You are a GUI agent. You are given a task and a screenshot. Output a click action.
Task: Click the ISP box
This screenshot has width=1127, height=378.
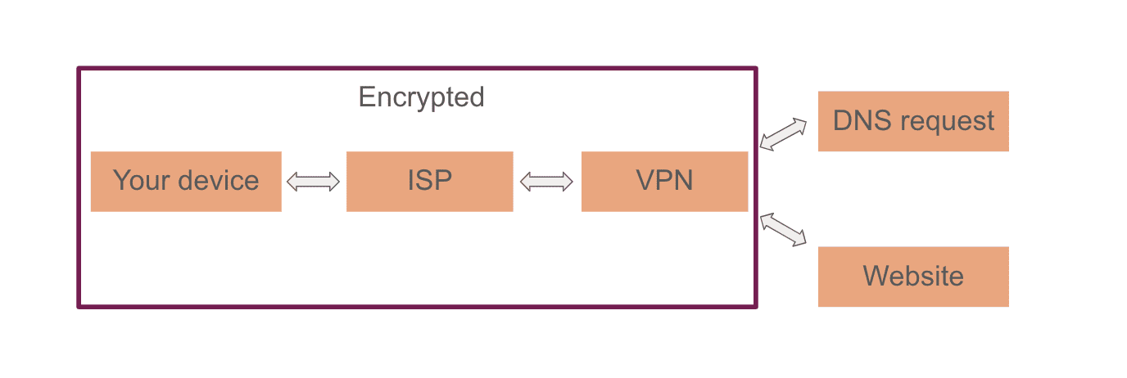429,182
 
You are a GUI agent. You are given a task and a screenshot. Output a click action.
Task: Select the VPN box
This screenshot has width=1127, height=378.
664,182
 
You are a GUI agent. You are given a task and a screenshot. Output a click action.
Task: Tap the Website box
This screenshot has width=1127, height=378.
913,277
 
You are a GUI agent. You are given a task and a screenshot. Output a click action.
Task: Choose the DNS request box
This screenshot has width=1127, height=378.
913,121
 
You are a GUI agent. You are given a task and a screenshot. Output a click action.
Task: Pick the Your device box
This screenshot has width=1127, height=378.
186,182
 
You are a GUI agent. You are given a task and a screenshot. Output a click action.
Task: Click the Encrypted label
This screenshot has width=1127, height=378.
421,97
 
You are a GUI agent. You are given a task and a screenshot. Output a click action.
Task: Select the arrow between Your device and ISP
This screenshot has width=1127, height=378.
313,182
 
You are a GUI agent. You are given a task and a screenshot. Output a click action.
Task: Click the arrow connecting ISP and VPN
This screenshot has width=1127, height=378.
547,182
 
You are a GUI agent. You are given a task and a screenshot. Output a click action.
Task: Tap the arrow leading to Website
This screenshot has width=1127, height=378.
783,229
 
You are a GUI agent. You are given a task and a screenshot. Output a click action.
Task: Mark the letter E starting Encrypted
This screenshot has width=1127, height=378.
366,97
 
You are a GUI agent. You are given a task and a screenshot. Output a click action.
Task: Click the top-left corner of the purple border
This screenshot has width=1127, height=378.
79,69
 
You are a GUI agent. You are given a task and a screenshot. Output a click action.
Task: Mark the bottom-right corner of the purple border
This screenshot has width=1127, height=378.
755,307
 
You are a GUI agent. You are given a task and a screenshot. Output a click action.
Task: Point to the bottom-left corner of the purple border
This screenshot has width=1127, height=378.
79,307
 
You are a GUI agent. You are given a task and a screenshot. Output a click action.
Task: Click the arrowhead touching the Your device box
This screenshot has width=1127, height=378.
292,182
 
